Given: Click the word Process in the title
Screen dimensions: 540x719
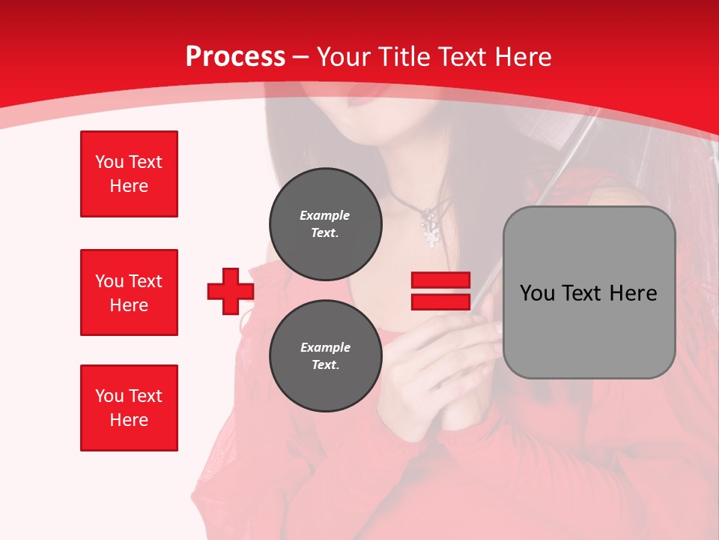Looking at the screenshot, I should click(235, 56).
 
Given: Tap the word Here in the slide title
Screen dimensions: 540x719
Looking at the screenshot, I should click(521, 56).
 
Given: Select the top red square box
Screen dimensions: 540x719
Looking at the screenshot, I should click(129, 174).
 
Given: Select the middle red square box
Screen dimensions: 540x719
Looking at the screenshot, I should click(129, 292).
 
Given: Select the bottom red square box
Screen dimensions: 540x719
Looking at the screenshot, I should click(129, 408).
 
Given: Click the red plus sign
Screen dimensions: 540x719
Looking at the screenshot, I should click(231, 291).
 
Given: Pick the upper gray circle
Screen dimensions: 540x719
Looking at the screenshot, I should click(326, 223).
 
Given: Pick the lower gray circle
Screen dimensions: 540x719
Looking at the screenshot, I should click(326, 355).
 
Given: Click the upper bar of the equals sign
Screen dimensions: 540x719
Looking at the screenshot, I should click(440, 280).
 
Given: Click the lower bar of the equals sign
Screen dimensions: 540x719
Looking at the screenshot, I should click(440, 301).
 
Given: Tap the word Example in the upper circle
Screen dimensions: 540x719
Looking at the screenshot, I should click(324, 215).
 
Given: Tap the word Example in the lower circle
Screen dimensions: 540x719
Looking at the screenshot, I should click(325, 347).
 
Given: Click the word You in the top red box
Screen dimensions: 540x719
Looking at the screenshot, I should click(109, 162).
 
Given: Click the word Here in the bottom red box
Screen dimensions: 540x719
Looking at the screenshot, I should click(129, 420).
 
